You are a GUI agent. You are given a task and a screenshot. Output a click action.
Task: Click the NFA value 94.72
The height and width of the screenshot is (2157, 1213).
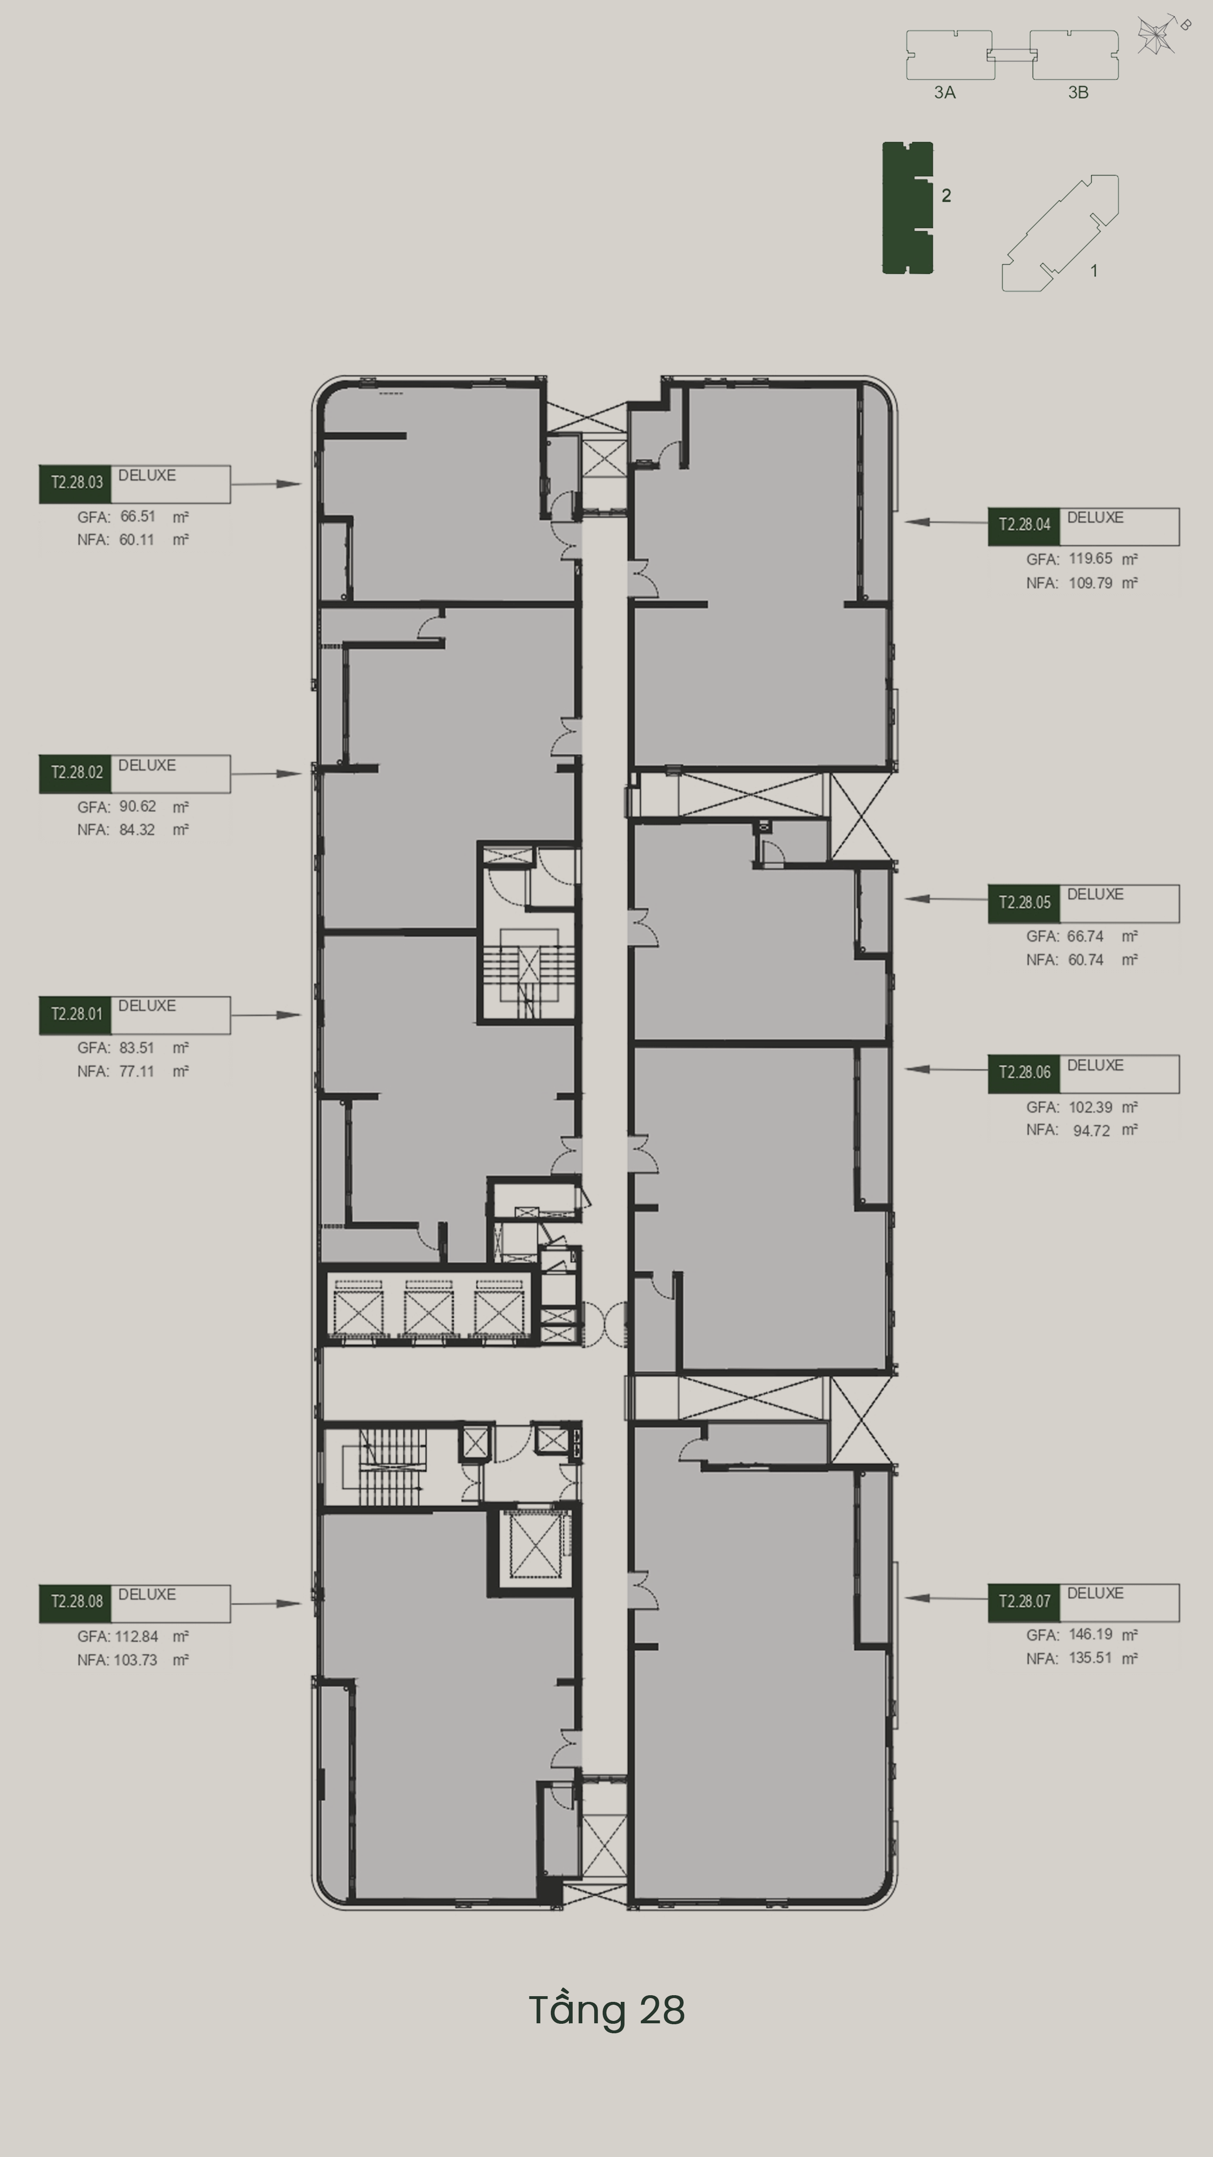pyautogui.click(x=1092, y=1131)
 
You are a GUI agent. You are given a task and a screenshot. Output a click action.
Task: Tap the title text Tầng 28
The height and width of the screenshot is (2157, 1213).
pyautogui.click(x=607, y=2009)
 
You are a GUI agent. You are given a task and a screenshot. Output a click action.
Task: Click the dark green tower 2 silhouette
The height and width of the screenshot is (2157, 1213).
pyautogui.click(x=908, y=207)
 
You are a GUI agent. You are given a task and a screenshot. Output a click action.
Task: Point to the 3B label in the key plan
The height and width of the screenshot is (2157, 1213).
pyautogui.click(x=1078, y=92)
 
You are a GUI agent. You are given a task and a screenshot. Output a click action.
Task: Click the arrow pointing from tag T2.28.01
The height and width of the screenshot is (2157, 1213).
pyautogui.click(x=265, y=1015)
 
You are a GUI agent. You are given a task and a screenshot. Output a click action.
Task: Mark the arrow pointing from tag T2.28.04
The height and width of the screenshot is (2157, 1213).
pyautogui.click(x=947, y=522)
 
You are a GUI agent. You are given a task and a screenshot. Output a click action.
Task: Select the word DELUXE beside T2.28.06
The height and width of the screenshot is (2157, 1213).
pyautogui.click(x=1095, y=1065)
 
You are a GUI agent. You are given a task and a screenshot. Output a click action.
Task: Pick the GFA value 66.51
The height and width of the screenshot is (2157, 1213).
pyautogui.click(x=137, y=517)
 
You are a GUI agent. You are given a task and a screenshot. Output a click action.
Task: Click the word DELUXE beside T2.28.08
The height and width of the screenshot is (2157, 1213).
pyautogui.click(x=147, y=1594)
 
